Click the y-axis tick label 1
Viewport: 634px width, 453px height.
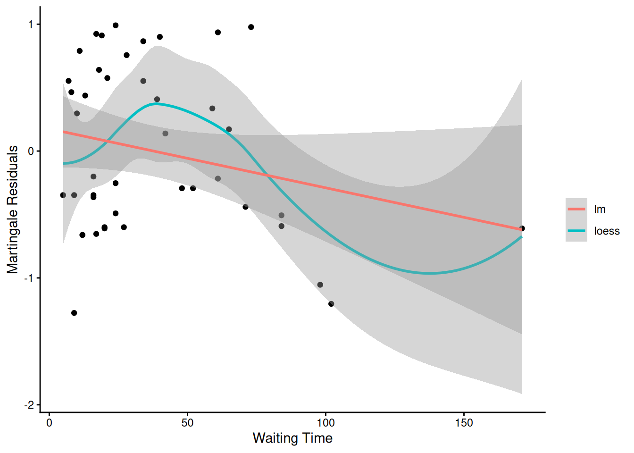(x=31, y=25)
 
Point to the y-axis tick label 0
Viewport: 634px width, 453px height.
(x=31, y=151)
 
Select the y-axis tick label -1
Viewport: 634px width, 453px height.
(x=29, y=278)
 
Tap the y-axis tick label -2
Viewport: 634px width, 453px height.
(x=29, y=405)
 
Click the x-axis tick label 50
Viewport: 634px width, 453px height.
(x=187, y=423)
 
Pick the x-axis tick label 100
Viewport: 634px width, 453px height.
(x=325, y=423)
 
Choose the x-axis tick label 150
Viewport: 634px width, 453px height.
(x=464, y=423)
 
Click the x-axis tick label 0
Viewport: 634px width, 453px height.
(x=50, y=423)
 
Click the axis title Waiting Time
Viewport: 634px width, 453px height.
(x=292, y=438)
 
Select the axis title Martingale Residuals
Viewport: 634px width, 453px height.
(x=13, y=210)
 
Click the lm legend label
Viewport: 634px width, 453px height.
(x=600, y=210)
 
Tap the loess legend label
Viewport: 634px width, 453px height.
(x=607, y=231)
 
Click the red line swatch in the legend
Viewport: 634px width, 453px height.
(x=576, y=209)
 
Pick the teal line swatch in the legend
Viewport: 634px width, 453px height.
(x=576, y=231)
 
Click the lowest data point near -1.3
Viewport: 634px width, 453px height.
(x=74, y=313)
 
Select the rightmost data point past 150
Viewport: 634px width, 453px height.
(x=522, y=228)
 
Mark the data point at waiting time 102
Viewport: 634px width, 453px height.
(x=331, y=304)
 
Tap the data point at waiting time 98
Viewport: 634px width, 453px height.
(x=320, y=285)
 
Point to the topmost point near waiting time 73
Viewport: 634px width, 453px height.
(x=251, y=27)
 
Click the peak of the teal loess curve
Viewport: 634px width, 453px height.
(x=157, y=104)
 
